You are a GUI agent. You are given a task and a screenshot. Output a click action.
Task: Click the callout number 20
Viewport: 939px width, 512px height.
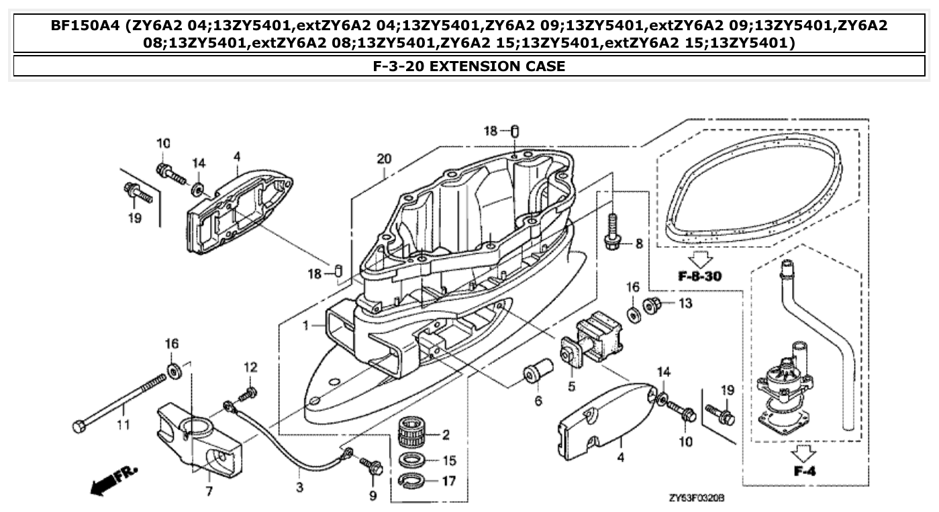click(383, 159)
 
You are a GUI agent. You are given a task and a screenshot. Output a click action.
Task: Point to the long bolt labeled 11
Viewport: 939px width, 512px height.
click(121, 403)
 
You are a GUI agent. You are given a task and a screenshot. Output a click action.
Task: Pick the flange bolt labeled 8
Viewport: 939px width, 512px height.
click(612, 232)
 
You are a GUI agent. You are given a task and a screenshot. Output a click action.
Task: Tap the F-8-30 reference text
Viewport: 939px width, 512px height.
click(701, 276)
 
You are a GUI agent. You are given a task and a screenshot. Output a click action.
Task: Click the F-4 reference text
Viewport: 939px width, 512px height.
click(804, 470)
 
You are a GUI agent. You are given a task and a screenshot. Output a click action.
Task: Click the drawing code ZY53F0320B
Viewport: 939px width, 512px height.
click(696, 499)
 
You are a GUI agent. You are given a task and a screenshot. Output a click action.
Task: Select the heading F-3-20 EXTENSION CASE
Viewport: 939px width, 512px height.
click(469, 66)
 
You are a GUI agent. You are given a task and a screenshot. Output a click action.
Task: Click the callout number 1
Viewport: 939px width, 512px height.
click(306, 325)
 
